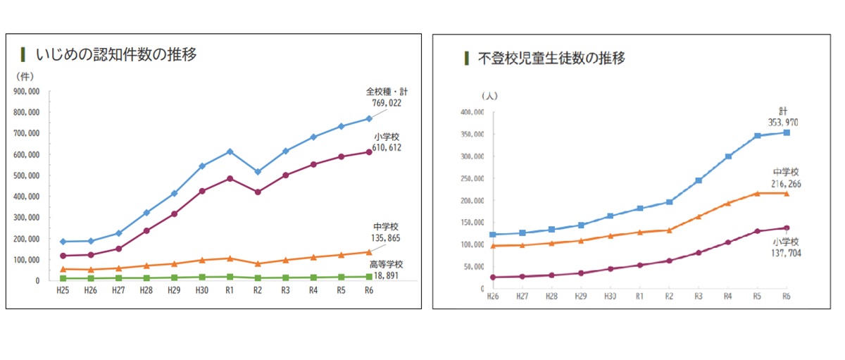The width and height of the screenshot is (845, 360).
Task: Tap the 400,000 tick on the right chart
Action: (470, 113)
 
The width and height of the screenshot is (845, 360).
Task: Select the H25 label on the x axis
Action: (64, 290)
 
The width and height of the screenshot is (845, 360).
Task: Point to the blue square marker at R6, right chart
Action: (787, 132)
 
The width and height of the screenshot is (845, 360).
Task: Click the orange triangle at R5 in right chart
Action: (758, 193)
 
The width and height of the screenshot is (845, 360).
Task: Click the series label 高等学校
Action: (384, 265)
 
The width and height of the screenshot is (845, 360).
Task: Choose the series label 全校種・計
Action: (383, 92)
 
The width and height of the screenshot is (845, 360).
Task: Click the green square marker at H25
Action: (64, 278)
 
